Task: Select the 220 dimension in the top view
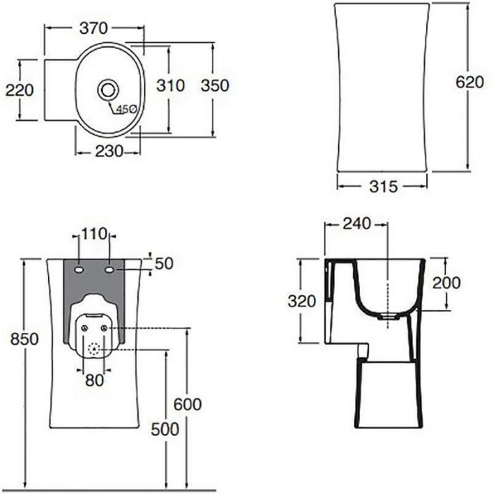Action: pos(20,90)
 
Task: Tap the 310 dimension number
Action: pos(171,86)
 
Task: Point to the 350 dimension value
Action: pos(215,86)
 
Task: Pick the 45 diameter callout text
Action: pos(125,109)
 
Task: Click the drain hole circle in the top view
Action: pos(108,89)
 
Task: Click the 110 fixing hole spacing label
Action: pos(94,234)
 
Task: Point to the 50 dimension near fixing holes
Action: pos(164,264)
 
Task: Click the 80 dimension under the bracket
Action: pos(95,380)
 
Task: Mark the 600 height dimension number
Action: pos(188,405)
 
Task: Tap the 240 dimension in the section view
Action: pos(356,224)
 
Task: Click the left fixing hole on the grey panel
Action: pos(78,270)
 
